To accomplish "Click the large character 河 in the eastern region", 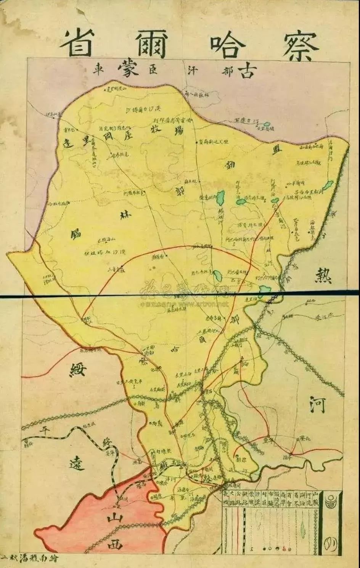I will pyautogui.click(x=317, y=405).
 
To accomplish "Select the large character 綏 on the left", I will pyautogui.click(x=78, y=370).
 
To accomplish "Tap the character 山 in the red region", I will pyautogui.click(x=113, y=518).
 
